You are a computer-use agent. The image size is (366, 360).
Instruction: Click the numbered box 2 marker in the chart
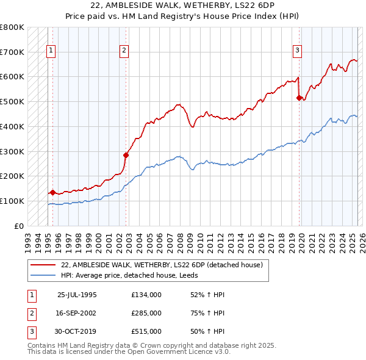pyautogui.click(x=124, y=51)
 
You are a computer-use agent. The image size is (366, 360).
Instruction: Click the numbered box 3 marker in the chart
pyautogui.click(x=297, y=51)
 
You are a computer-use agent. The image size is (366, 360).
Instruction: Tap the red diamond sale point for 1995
pyautogui.click(x=53, y=192)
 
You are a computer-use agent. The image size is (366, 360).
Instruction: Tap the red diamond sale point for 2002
pyautogui.click(x=126, y=155)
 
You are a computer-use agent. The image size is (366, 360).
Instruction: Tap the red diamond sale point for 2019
pyautogui.click(x=300, y=98)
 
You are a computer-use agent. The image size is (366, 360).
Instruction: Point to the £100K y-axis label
pyautogui.click(x=12, y=201)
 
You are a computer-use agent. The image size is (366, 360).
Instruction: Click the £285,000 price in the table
pyautogui.click(x=146, y=313)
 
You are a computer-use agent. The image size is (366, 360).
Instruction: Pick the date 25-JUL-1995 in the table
pyautogui.click(x=76, y=295)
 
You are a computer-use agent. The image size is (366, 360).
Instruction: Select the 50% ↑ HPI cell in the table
pyautogui.click(x=207, y=331)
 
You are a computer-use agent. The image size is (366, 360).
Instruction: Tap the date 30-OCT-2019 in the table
pyautogui.click(x=77, y=331)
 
